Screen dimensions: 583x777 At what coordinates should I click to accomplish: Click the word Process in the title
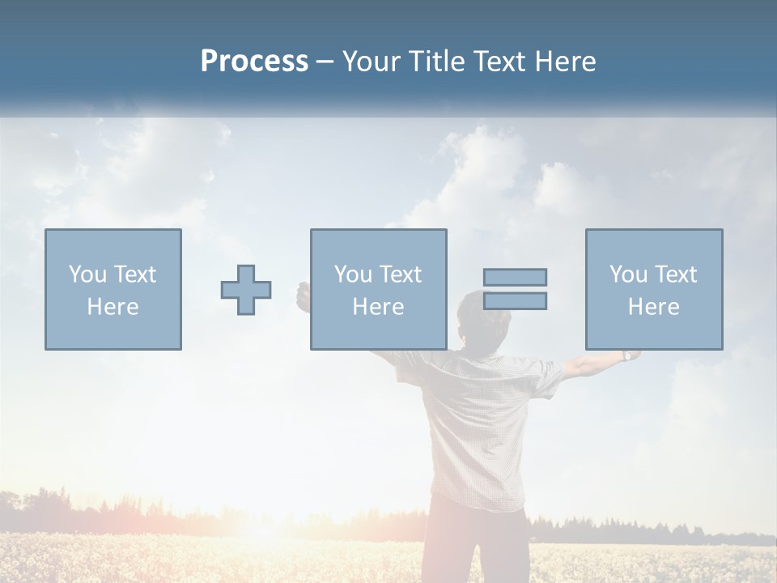(254, 62)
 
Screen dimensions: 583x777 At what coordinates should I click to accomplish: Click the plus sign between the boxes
(246, 290)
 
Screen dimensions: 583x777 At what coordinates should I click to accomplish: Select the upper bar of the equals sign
(515, 277)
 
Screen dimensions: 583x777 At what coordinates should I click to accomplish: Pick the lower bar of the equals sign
(515, 301)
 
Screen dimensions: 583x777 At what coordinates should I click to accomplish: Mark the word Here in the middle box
(378, 307)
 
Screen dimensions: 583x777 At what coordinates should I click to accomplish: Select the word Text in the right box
(674, 274)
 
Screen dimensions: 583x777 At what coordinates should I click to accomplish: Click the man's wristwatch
(626, 355)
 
